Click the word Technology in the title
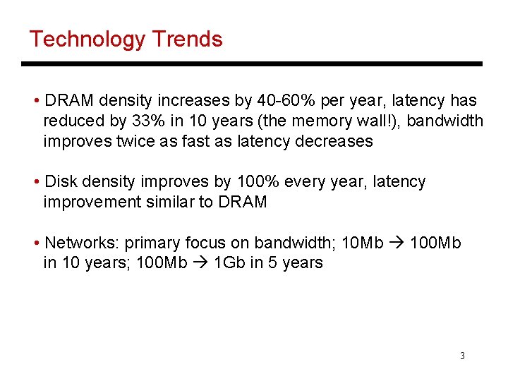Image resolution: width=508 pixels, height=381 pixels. pos(87,39)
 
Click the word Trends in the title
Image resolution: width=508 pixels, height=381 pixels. pos(186,39)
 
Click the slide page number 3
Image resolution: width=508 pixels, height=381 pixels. pos(462,356)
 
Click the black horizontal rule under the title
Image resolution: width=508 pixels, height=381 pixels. pos(252,64)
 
